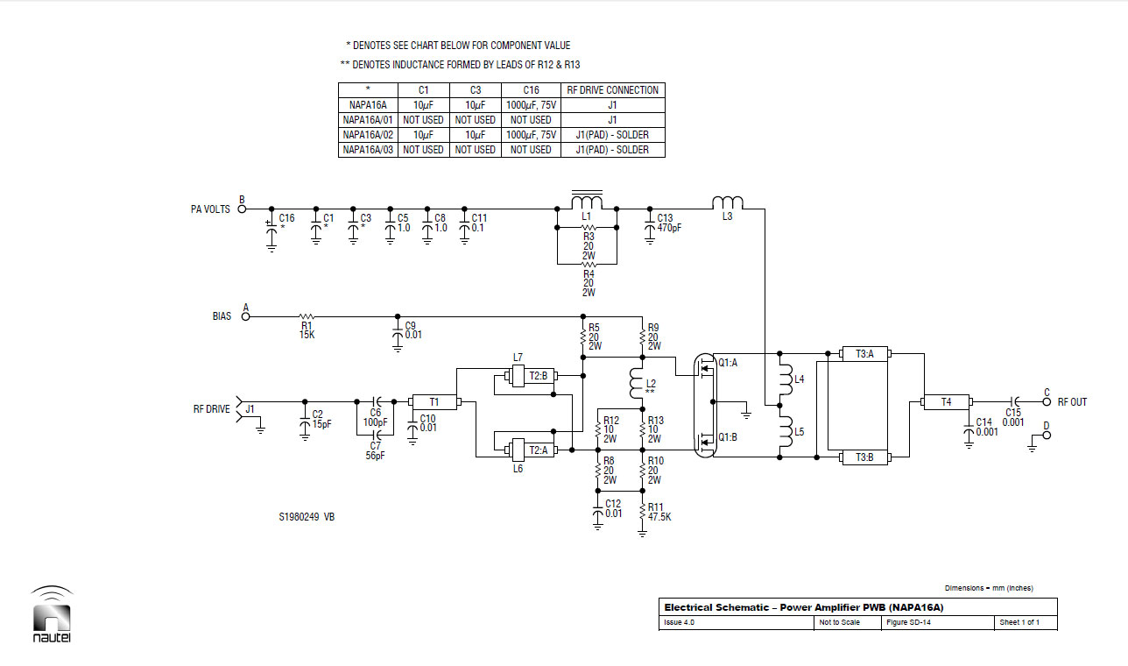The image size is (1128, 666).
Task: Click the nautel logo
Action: coord(52,614)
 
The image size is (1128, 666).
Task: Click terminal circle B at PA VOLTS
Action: coord(242,209)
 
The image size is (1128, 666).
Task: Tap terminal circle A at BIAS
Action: coord(246,316)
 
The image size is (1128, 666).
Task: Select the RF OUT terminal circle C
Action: coord(1047,401)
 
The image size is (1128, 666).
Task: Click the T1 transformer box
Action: coord(434,402)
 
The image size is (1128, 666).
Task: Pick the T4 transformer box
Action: coord(946,402)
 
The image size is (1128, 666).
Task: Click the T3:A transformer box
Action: coord(864,354)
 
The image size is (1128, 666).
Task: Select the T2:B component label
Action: coord(539,376)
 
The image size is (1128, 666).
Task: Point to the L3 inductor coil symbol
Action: coord(728,202)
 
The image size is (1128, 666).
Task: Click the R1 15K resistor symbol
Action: coord(307,317)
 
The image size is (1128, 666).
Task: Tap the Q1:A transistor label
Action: coord(728,363)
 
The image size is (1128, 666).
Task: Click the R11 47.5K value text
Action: coord(659,517)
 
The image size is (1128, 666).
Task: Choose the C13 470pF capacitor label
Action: coord(669,223)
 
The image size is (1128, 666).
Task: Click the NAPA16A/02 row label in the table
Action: coord(368,134)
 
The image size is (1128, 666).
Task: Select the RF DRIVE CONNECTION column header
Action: coord(613,90)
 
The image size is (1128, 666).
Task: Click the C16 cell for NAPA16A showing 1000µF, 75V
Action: coord(532,105)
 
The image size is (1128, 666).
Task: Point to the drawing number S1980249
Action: coord(300,517)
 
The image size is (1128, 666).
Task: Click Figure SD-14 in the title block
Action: coord(908,622)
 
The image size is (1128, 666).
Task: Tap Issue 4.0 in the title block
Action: coord(679,622)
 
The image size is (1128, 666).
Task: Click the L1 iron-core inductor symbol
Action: coord(587,200)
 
